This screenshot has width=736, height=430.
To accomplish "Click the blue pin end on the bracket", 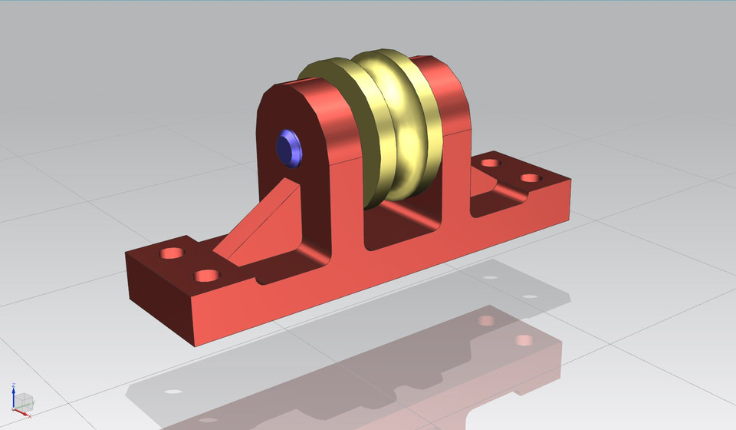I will pos(290,148).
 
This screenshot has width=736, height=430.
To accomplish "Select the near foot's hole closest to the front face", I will pos(205,276).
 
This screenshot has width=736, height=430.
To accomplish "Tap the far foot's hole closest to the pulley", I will pos(488,163).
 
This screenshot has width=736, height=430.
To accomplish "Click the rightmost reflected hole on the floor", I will pos(525,339).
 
